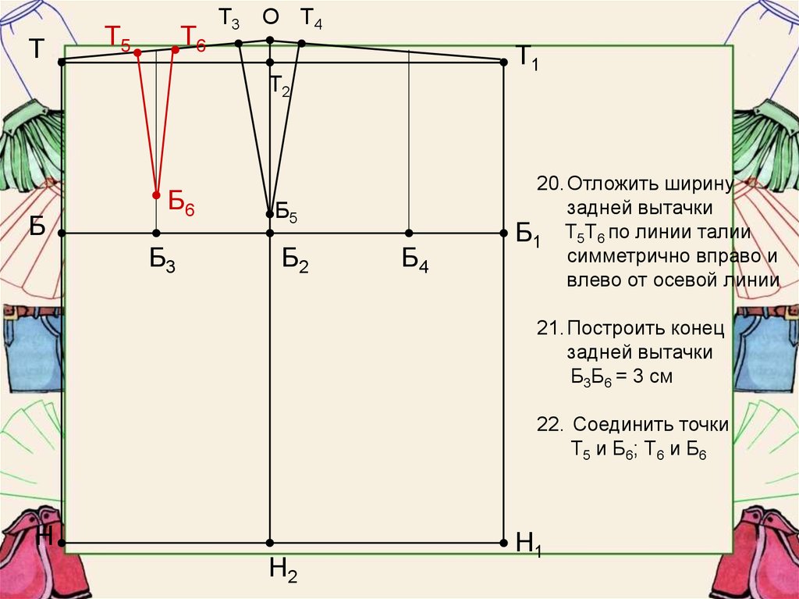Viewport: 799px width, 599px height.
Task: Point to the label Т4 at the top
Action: tap(311, 18)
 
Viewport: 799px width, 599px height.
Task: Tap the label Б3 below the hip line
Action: tap(162, 260)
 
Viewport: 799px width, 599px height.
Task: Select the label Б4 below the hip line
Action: tap(415, 260)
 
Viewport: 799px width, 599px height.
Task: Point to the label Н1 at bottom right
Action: tap(528, 544)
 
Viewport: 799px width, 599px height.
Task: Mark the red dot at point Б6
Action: tap(156, 195)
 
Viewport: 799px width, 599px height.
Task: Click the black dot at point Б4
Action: tap(409, 233)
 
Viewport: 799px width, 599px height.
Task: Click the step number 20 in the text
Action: tap(549, 184)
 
